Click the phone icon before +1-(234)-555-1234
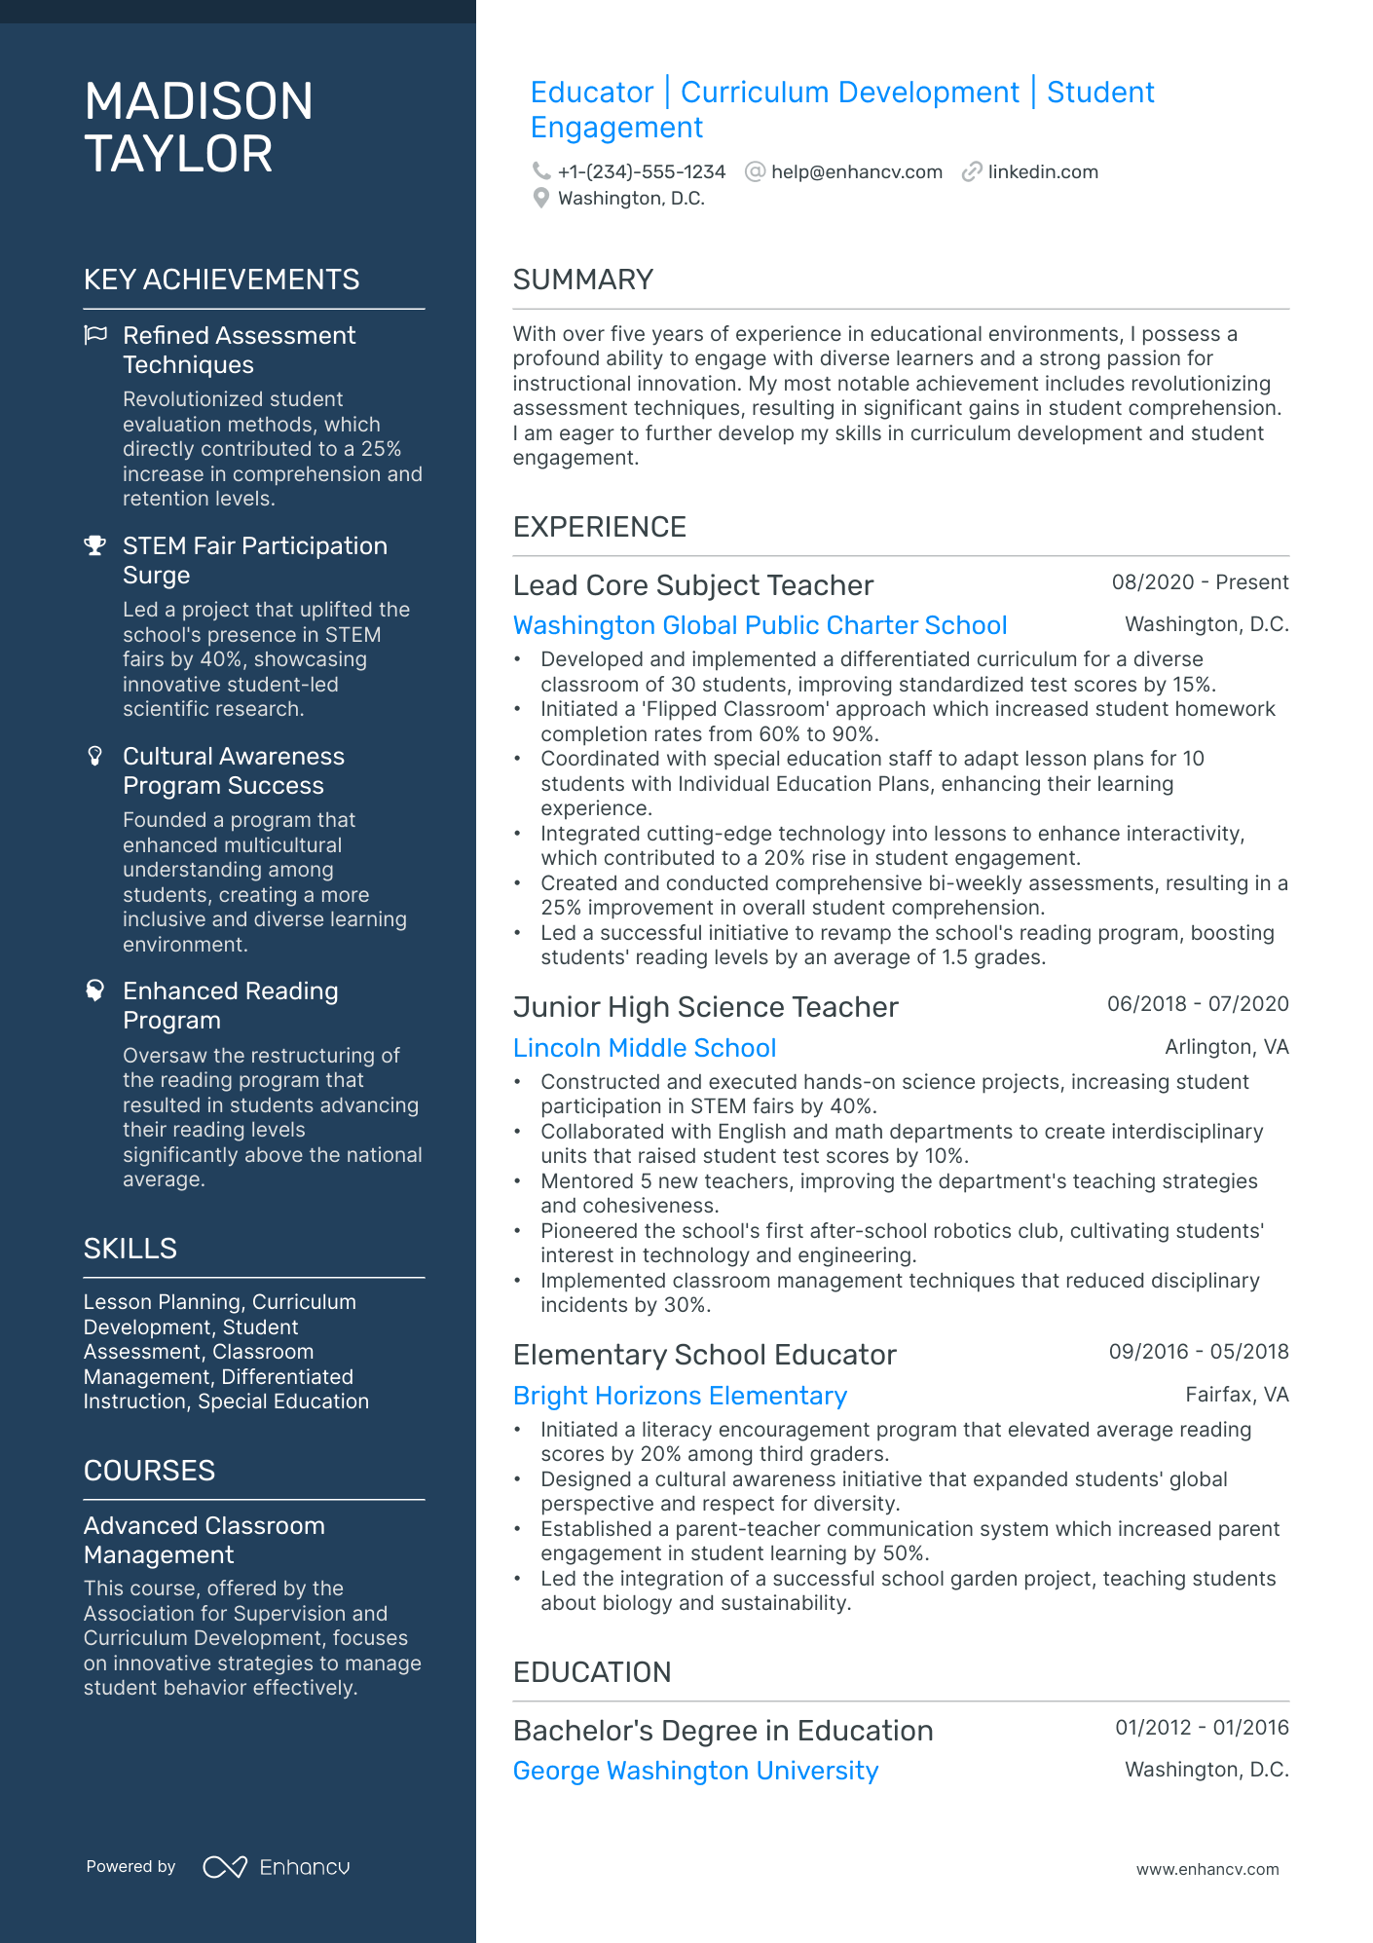[x=540, y=171]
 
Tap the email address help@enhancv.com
[x=856, y=172]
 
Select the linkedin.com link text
[x=1042, y=172]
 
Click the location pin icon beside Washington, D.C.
[x=541, y=199]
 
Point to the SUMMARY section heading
[x=582, y=280]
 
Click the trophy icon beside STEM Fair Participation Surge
[x=95, y=546]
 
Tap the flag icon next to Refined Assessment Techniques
[x=95, y=336]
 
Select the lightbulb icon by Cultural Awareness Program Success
[x=95, y=757]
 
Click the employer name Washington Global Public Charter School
[x=760, y=625]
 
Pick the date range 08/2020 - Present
[x=1200, y=582]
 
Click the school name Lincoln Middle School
[x=644, y=1048]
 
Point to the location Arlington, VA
[x=1226, y=1047]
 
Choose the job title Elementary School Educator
[x=704, y=1355]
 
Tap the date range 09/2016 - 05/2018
[x=1198, y=1352]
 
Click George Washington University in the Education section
[x=695, y=1771]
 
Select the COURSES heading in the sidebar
[x=149, y=1471]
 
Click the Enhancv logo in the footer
[x=277, y=1867]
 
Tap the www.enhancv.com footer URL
[x=1206, y=1869]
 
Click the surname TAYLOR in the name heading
[x=178, y=155]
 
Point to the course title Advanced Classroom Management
[x=204, y=1540]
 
